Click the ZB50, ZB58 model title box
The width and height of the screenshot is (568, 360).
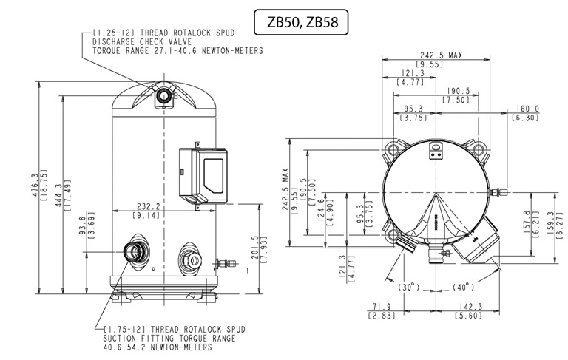click(301, 22)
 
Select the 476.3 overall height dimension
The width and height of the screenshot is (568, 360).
click(35, 185)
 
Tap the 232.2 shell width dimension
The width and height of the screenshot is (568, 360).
click(148, 206)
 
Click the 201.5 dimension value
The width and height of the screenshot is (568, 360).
click(255, 248)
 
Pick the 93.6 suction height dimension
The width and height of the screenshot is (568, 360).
click(83, 225)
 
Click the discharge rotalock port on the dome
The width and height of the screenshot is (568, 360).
click(164, 95)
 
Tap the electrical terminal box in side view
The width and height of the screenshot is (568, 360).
click(203, 175)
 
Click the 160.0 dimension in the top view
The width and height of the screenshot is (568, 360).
click(527, 109)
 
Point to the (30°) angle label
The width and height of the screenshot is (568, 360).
click(408, 288)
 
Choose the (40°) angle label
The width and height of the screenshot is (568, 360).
click(463, 288)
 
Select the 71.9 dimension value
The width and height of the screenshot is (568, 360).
click(382, 306)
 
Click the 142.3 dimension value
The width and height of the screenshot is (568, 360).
click(469, 306)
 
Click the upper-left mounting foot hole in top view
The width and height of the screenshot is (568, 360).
click(393, 149)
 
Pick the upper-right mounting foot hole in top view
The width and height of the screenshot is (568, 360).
click(479, 149)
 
